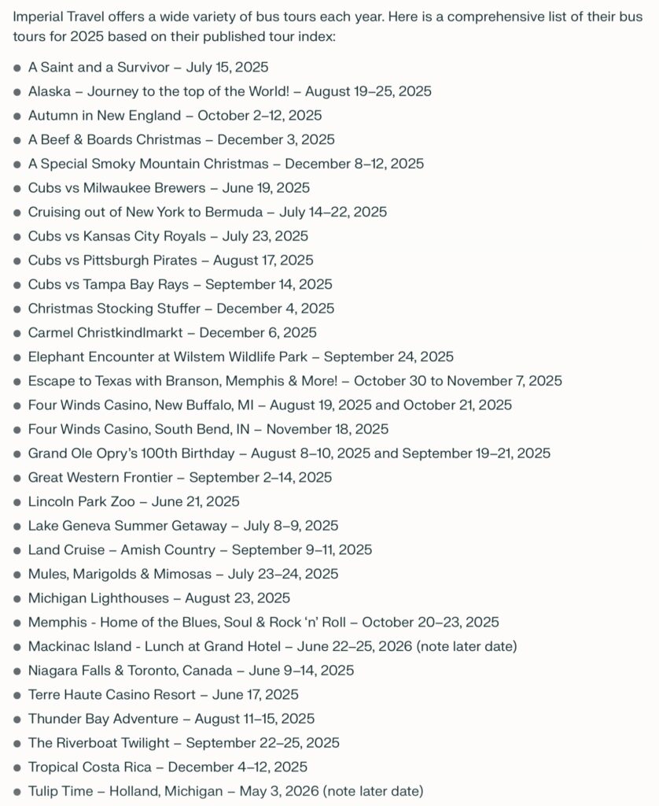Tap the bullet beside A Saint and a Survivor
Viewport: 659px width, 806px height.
click(17, 68)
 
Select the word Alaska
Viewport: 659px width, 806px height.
click(49, 91)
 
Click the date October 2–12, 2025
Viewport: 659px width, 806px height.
click(260, 116)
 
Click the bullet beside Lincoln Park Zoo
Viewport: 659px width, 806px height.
click(17, 502)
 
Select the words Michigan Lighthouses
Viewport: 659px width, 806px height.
click(98, 598)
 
